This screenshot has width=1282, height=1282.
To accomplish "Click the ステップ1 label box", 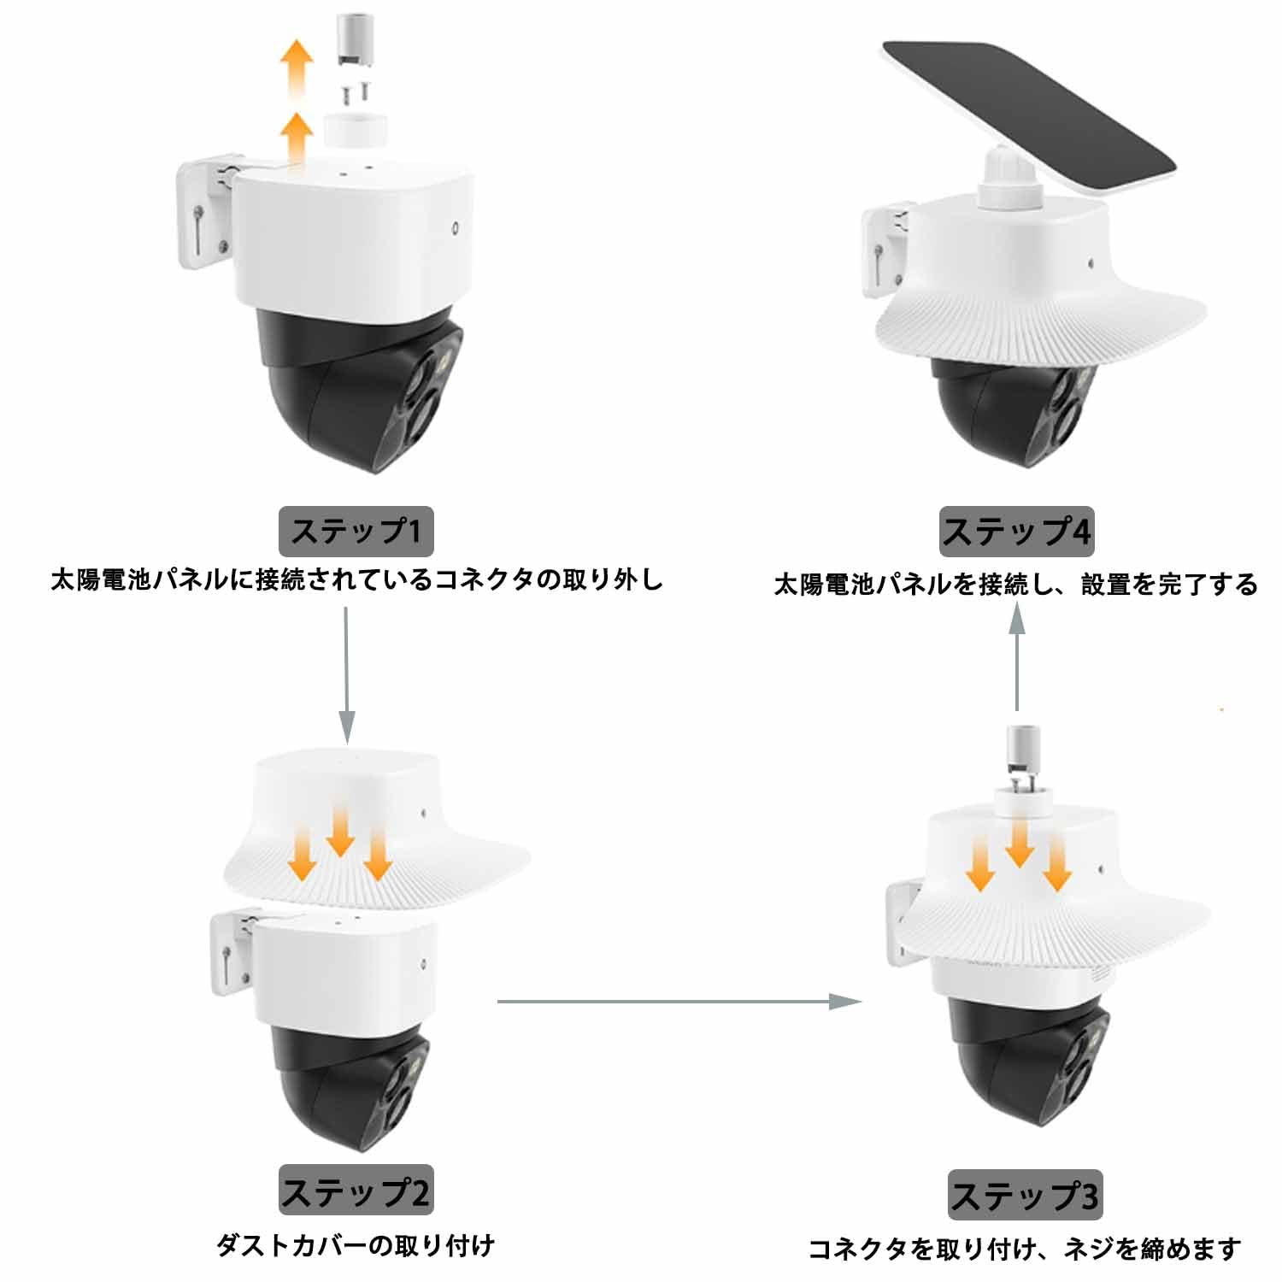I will (x=356, y=532).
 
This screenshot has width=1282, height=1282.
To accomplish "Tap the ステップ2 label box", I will (x=356, y=1190).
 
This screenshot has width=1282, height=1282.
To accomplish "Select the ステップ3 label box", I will (x=1025, y=1195).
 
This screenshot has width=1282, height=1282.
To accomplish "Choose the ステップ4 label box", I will (x=1016, y=532).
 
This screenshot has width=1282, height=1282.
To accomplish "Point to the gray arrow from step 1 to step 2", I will (x=346, y=675).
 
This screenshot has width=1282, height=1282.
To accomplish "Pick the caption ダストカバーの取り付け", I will (x=356, y=1245).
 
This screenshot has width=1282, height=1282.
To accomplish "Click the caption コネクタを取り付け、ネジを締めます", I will (x=1024, y=1249).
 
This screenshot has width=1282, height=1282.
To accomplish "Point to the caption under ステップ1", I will (x=356, y=580).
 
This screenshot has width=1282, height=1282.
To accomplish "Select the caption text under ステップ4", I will (x=1015, y=585).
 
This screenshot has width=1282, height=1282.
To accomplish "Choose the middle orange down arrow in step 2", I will (x=340, y=833).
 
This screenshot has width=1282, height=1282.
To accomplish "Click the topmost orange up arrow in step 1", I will (x=298, y=64).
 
